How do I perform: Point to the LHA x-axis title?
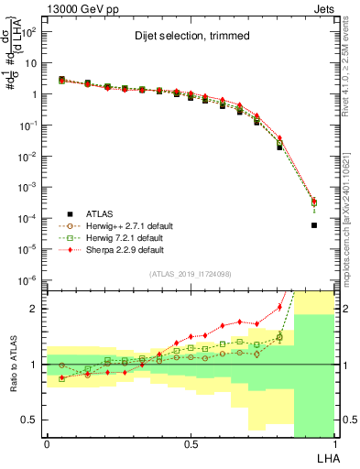point(327,455)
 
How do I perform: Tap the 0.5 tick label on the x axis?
point(191,444)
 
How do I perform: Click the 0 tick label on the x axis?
point(47,444)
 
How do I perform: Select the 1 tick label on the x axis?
point(334,444)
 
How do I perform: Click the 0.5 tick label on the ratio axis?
point(33,420)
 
